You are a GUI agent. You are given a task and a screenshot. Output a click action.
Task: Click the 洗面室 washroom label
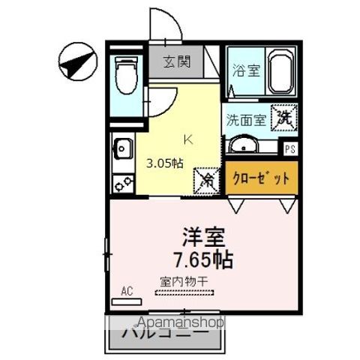pyautogui.click(x=245, y=119)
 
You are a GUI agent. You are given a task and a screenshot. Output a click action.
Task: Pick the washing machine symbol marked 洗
pyautogui.click(x=285, y=117)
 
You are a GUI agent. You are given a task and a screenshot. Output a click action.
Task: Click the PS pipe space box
pyautogui.click(x=289, y=148)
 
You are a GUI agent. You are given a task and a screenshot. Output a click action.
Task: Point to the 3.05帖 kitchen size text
pyautogui.click(x=164, y=163)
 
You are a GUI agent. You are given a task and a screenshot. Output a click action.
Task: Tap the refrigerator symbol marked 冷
pyautogui.click(x=206, y=179)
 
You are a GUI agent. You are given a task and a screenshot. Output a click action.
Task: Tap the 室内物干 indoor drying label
pyautogui.click(x=184, y=282)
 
